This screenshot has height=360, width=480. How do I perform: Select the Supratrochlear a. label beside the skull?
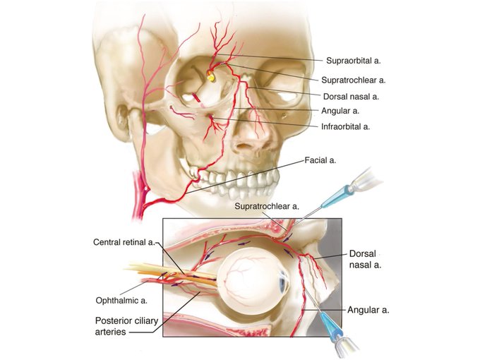coord(354,80)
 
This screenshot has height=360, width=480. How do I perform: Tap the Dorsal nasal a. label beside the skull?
coord(352,95)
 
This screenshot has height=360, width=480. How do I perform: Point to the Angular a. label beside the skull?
coord(341,111)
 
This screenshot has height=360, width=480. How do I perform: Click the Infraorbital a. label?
coord(345,126)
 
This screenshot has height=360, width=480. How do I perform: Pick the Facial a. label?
coord(320,160)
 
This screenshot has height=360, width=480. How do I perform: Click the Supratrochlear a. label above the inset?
coord(266,206)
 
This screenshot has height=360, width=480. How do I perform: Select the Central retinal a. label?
coord(124,242)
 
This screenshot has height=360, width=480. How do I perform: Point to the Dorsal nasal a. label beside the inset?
coord(366,258)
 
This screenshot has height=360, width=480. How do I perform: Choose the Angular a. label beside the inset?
coord(368,309)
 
